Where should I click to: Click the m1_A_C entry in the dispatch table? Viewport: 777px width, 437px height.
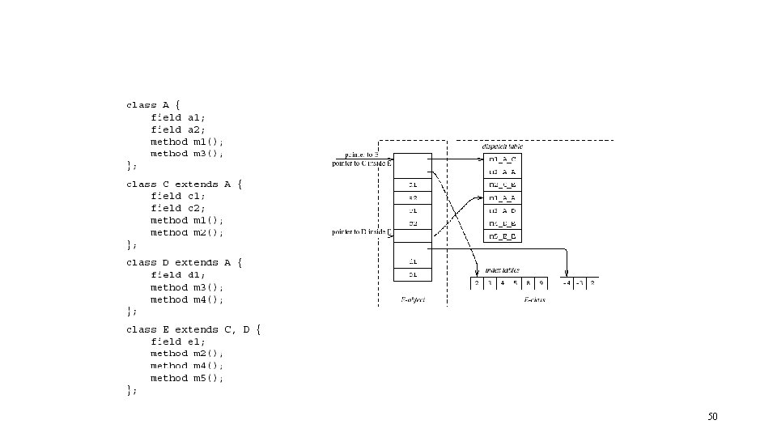(x=503, y=159)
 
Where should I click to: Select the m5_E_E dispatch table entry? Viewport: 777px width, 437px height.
(x=503, y=236)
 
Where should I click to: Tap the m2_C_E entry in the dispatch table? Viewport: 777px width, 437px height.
(x=503, y=185)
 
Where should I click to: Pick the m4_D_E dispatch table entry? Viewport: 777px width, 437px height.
(x=503, y=223)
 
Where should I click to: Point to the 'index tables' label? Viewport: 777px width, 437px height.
(x=503, y=270)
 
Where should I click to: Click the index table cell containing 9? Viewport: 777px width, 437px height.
(x=541, y=283)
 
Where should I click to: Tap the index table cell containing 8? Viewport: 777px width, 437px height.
(x=529, y=283)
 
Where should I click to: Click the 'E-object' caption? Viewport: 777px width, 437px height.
(x=413, y=299)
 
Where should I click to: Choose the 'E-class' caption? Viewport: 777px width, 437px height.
(x=534, y=299)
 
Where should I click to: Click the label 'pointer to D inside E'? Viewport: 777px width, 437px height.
(x=362, y=233)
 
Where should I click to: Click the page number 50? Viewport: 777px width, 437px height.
(x=712, y=417)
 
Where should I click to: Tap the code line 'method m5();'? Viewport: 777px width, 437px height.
(x=187, y=378)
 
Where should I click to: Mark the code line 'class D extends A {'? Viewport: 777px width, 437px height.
(x=185, y=262)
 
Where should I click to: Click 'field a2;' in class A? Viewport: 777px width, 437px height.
(x=178, y=129)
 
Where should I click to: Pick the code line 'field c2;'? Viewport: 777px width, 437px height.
(x=178, y=208)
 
